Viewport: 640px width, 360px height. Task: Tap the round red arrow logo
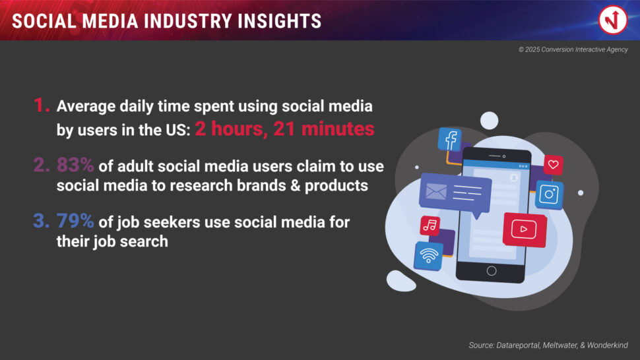pos(613,20)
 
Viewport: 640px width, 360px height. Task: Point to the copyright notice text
pos(573,49)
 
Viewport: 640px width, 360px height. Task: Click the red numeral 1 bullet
pos(42,105)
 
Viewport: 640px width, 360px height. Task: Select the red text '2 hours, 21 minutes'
pos(284,129)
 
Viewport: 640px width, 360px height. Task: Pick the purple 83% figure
pos(75,165)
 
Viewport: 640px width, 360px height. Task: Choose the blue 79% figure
pos(75,221)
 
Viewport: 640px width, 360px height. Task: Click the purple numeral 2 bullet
pos(42,165)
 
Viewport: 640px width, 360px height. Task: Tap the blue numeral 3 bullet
pos(42,221)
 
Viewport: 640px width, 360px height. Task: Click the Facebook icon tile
pos(450,139)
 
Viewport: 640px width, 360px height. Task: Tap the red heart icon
pos(553,165)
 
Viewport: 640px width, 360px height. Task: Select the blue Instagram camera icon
pos(549,195)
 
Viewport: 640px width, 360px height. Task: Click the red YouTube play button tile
pos(525,229)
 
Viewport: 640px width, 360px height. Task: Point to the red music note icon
pos(430,225)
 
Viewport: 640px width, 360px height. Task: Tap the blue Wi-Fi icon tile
pos(429,256)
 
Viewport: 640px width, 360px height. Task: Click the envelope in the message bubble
pos(436,192)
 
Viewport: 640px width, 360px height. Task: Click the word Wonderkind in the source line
pos(608,345)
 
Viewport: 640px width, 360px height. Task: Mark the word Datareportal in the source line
pos(517,345)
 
